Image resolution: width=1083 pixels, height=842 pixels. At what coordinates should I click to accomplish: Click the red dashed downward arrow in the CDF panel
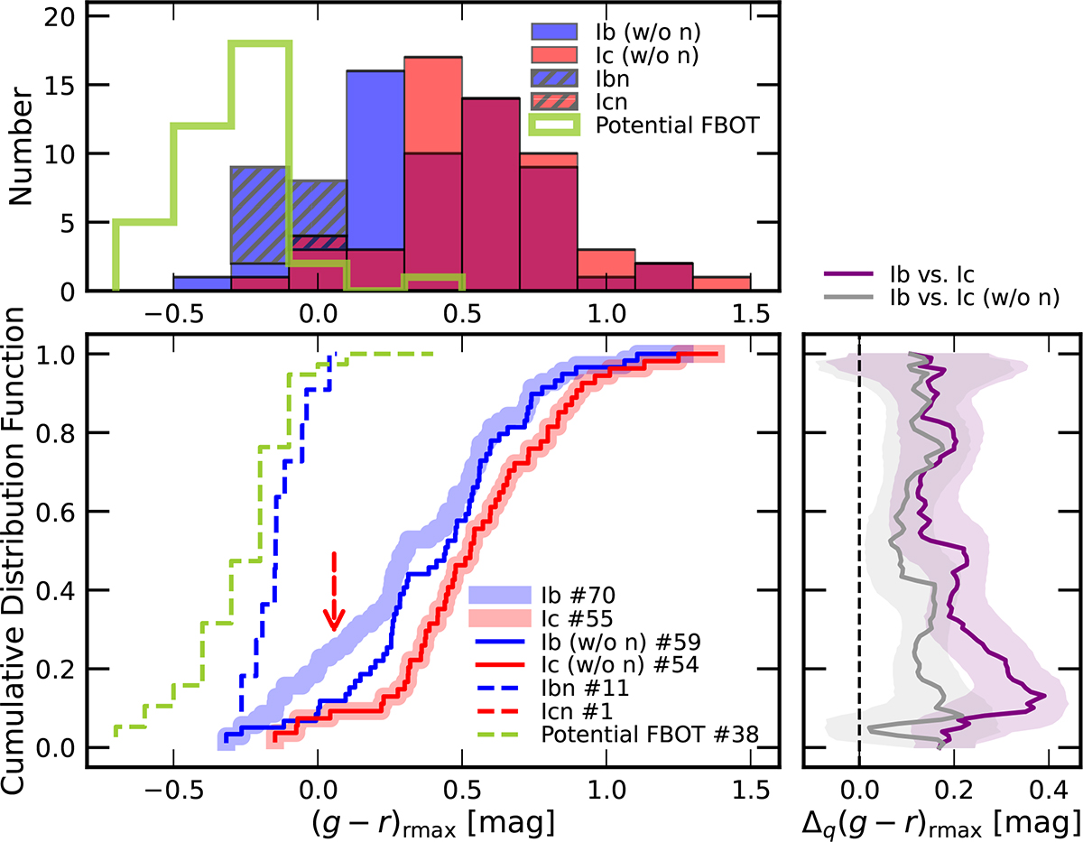click(334, 591)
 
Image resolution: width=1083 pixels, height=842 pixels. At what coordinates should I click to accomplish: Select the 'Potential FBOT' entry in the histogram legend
click(643, 125)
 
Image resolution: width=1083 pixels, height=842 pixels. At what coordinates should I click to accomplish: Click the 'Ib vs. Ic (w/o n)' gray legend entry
click(941, 298)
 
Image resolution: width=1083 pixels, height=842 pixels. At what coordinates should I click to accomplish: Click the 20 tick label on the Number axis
click(59, 17)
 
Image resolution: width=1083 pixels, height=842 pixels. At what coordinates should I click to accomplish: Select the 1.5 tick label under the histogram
click(751, 314)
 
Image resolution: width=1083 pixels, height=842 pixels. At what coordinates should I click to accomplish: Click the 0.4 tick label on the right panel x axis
click(1048, 791)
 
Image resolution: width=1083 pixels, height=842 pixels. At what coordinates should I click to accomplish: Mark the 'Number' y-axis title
click(20, 145)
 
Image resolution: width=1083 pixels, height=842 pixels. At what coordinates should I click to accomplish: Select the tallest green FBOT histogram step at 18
click(260, 44)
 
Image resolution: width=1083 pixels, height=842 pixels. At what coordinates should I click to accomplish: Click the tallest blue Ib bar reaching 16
click(375, 180)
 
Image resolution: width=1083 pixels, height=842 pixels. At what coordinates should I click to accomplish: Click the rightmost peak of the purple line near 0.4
click(1044, 696)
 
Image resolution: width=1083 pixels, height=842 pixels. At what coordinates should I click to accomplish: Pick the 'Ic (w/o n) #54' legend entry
click(588, 664)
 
